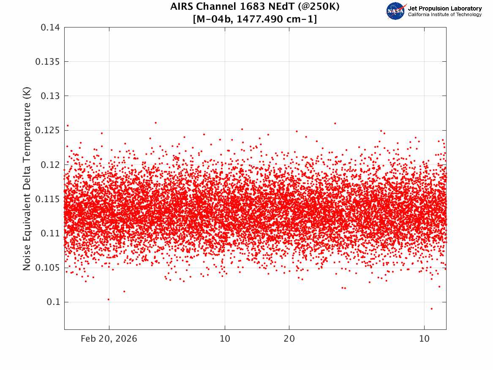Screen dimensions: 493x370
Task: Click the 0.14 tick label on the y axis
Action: pos(50,27)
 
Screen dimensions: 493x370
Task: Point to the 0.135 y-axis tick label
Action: pos(47,62)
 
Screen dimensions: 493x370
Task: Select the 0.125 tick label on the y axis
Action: pos(47,130)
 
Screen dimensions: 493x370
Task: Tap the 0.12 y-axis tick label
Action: pos(50,164)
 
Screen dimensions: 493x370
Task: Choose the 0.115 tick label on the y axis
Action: pos(47,199)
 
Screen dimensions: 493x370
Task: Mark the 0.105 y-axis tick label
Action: pos(47,267)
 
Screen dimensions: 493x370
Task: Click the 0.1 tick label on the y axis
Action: pos(53,302)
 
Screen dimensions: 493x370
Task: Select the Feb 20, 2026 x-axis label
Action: pos(109,339)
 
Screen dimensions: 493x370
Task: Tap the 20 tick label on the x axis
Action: pos(289,339)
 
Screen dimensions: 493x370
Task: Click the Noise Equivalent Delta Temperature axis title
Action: pos(27,178)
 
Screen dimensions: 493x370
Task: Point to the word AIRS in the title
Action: pos(181,6)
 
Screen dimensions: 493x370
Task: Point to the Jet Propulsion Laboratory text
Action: pos(445,8)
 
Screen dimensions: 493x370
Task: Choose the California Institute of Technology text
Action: pos(445,15)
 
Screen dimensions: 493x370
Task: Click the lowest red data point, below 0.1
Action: pos(432,309)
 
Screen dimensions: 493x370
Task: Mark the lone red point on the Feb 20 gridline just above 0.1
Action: pos(109,299)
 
